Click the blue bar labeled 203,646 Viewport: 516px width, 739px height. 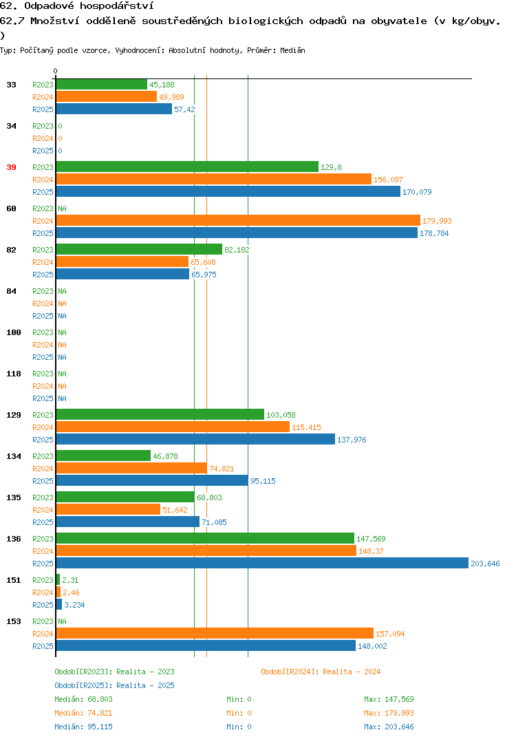point(263,563)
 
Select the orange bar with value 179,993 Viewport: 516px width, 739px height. point(239,220)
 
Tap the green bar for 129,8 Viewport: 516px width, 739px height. point(188,167)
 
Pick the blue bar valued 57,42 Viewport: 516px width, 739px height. point(114,109)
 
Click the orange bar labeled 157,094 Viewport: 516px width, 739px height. point(215,633)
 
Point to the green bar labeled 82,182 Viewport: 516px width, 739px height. point(139,249)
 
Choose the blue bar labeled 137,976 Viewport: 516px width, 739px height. point(195,439)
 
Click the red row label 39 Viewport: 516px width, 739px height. point(11,167)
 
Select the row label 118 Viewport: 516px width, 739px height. point(14,374)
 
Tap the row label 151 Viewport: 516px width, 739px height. point(14,580)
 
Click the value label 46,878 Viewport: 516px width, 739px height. point(165,456)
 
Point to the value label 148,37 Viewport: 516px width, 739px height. point(371,551)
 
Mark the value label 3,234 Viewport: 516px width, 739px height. point(74,605)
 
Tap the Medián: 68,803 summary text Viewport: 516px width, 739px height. point(83,699)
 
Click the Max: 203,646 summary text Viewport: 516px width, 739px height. point(389,727)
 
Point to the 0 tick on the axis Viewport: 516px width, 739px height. point(55,71)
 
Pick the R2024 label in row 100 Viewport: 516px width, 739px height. point(43,345)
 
